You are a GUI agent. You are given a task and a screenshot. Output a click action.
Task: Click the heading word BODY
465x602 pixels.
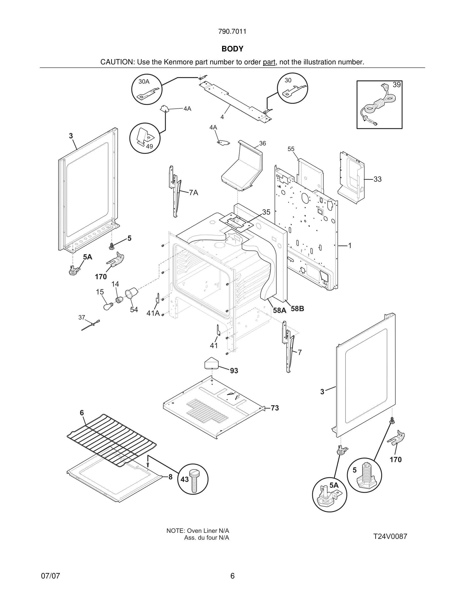click(232, 49)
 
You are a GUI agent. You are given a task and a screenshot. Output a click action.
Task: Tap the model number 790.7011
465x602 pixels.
click(232, 32)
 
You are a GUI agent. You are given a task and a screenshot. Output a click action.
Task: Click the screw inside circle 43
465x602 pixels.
click(194, 480)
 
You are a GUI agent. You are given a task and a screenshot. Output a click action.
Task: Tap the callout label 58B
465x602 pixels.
click(297, 309)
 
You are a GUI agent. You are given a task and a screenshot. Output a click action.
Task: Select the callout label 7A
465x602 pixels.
click(193, 193)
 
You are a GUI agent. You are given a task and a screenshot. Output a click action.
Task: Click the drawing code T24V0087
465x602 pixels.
click(390, 536)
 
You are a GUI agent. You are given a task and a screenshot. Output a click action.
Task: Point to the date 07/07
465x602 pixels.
click(50, 576)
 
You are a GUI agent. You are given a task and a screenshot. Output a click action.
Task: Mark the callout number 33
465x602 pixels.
click(377, 179)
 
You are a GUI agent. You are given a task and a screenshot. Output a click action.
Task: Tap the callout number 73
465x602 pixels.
click(275, 408)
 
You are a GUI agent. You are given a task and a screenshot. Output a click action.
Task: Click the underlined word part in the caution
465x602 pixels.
click(269, 62)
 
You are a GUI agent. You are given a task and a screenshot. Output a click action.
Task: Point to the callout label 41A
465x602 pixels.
click(153, 313)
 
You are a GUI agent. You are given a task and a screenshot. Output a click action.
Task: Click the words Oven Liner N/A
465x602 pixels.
click(208, 531)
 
